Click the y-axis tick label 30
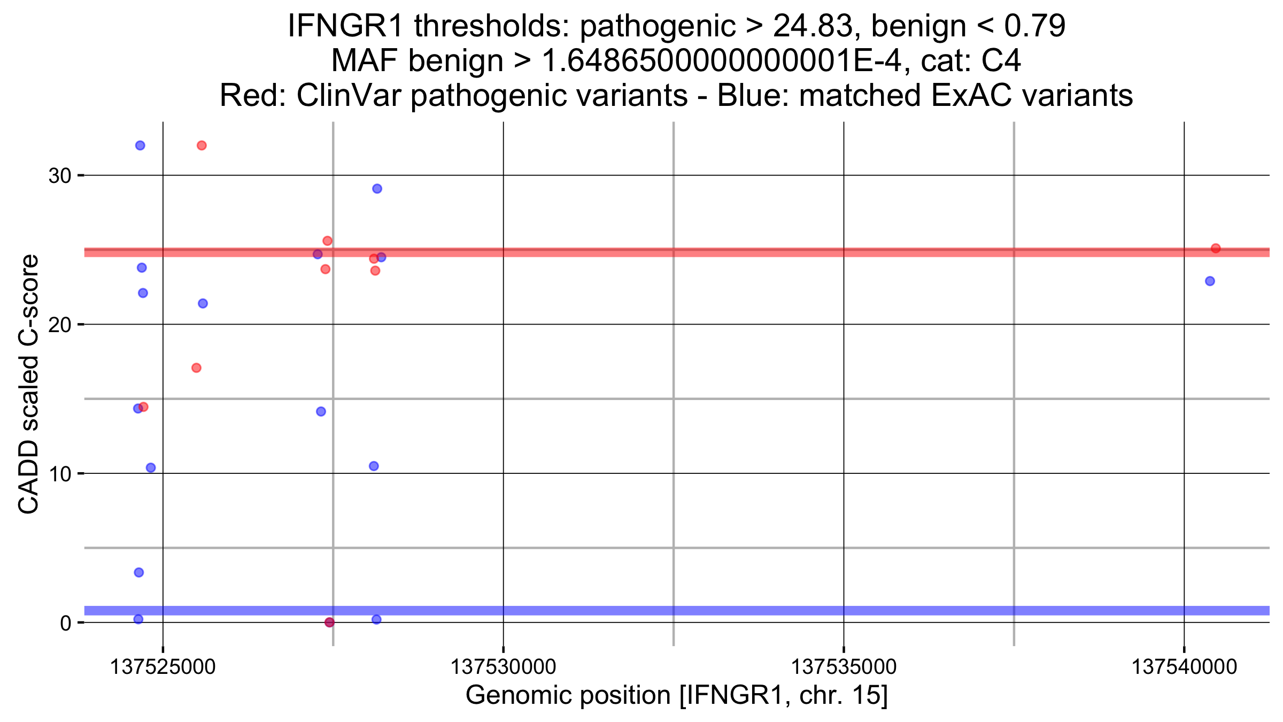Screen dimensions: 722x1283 point(59,175)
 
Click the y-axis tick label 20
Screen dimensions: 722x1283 point(59,325)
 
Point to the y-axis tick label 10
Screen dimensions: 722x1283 point(59,474)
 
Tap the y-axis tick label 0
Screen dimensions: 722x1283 point(66,623)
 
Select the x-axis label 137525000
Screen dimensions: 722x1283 point(163,667)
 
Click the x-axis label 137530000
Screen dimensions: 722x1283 point(503,667)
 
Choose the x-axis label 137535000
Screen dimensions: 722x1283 point(844,667)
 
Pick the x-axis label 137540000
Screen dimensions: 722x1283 point(1184,667)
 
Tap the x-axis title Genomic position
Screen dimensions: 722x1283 point(568,695)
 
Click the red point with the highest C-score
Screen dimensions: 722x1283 point(202,145)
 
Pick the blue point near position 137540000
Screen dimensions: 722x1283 point(1210,281)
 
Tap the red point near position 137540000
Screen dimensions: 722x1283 point(1216,248)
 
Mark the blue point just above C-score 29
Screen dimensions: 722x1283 point(377,189)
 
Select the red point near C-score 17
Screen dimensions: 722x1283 point(196,368)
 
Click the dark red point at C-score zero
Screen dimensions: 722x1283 point(329,623)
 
